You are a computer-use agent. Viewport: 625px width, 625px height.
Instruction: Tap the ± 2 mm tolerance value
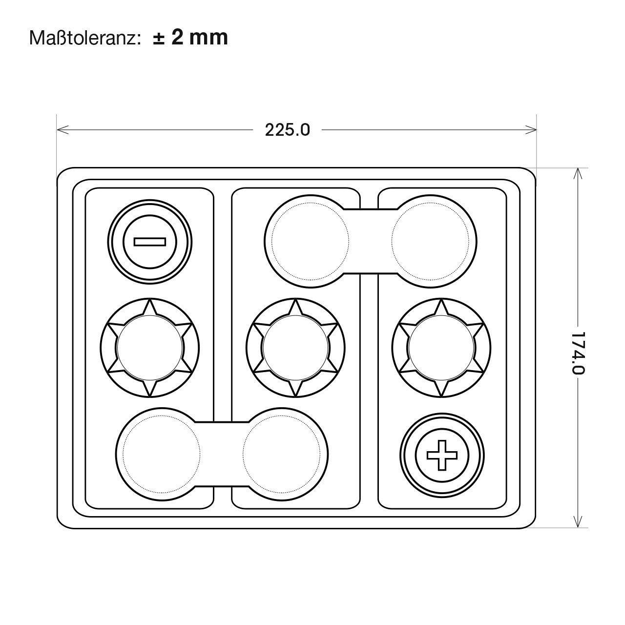tap(190, 37)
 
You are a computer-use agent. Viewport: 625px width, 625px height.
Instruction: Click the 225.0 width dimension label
tap(288, 130)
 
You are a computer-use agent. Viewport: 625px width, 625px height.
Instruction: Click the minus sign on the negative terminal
tap(150, 242)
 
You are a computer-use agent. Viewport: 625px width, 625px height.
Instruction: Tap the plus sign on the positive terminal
tap(442, 455)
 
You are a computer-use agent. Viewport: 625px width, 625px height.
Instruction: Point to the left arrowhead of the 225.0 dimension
tap(63, 130)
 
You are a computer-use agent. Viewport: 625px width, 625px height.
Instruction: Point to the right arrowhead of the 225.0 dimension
tap(530, 130)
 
